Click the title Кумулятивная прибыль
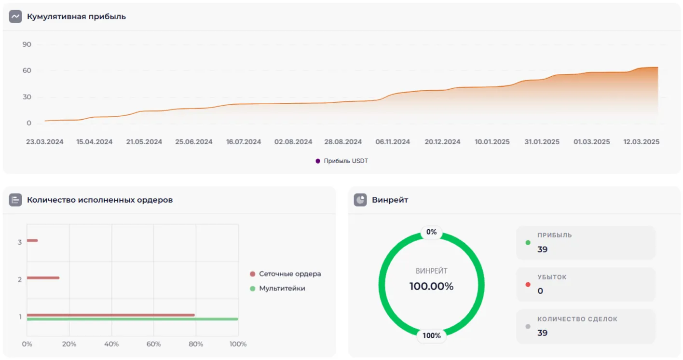coord(76,16)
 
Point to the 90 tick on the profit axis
coord(27,44)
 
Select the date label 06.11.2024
coord(393,142)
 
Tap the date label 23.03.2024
coord(44,142)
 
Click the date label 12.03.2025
coord(641,142)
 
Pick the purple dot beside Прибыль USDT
coord(318,161)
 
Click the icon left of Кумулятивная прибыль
coord(15,16)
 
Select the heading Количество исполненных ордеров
coord(99,200)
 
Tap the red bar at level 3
coord(32,240)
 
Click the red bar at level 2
coord(43,277)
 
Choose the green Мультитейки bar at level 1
coord(132,319)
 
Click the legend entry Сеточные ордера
coord(289,274)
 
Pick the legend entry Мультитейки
coord(282,288)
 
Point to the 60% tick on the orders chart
coord(154,344)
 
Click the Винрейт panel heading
coord(390,200)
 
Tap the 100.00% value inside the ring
coord(431,286)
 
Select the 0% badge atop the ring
coord(431,232)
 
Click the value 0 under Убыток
coord(540,291)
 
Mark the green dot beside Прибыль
coord(528,242)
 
